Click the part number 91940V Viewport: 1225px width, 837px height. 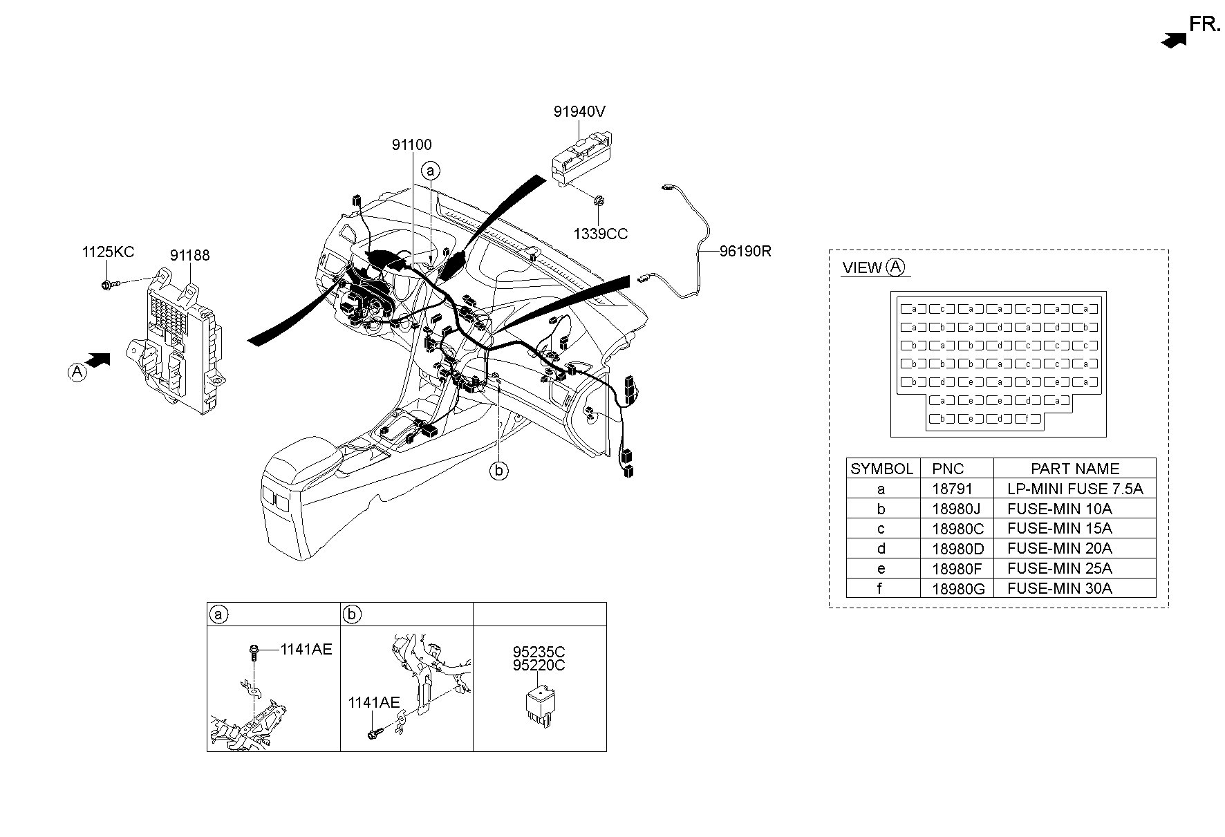coord(579,111)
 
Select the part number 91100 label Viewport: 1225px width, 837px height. coord(411,144)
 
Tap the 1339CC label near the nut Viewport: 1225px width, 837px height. coord(600,234)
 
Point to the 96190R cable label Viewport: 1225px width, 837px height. coord(745,252)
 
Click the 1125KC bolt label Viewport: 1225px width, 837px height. coord(108,252)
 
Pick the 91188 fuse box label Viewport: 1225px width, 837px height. coord(190,255)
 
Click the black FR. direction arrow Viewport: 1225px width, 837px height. coord(1173,41)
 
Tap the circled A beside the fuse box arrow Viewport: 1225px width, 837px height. coord(77,373)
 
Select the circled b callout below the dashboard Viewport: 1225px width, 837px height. coord(498,471)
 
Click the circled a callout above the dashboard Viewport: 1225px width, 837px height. coord(431,171)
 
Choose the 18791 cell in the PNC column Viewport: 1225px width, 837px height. coord(952,489)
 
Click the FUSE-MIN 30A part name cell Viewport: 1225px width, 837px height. coord(1059,588)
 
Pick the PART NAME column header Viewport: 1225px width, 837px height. coord(1074,468)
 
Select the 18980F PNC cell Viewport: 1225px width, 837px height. coord(952,568)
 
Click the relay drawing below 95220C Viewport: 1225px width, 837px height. coord(539,706)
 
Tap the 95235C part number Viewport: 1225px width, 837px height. coord(539,652)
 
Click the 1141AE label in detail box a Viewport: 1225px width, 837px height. coord(306,649)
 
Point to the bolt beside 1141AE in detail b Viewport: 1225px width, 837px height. coord(374,735)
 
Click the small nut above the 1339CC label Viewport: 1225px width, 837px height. coord(599,201)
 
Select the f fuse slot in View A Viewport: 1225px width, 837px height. coord(1028,419)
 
